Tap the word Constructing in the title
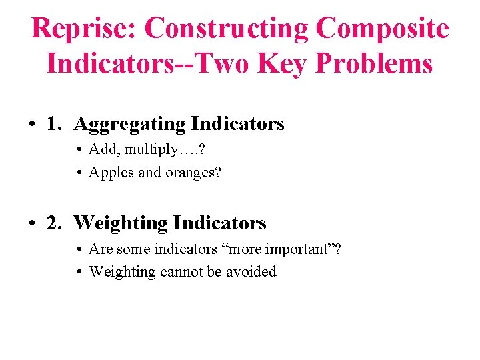coord(227,29)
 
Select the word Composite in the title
coord(383,29)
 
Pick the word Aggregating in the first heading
coord(130,124)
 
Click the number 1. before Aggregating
coord(56,124)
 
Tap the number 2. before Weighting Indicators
coord(56,223)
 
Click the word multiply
coord(148,150)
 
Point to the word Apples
coord(111,173)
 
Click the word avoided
coord(251,271)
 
